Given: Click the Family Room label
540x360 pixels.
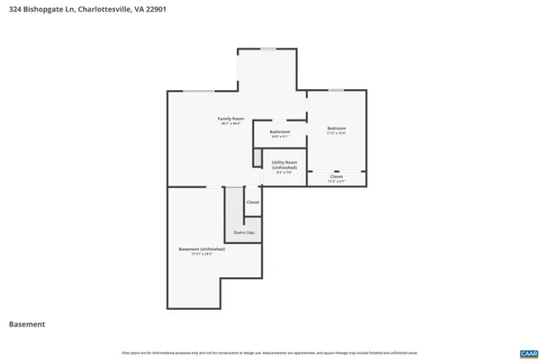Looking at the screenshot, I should tap(230, 118).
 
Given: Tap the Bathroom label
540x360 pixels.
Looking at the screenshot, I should tap(279, 131).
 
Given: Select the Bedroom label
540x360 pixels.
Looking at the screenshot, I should tap(336, 128).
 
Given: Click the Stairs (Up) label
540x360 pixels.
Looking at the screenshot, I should tap(243, 232).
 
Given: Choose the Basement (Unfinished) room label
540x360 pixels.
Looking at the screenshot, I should tap(194, 248).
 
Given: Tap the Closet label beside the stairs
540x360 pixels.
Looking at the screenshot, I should tap(253, 202).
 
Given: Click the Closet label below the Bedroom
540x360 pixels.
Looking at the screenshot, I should tap(336, 176).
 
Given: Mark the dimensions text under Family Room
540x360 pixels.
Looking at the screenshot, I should tap(230, 124).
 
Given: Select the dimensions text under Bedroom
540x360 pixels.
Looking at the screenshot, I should tap(336, 134).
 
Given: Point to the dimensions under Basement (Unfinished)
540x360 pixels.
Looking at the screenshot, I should tap(194, 255).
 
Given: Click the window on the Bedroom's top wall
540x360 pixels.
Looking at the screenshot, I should tap(336, 89).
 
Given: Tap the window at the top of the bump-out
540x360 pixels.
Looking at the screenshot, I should tap(268, 49).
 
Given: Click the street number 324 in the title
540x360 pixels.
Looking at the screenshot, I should tap(14, 9).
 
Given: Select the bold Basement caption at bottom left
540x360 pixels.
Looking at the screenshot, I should tap(27, 324).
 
